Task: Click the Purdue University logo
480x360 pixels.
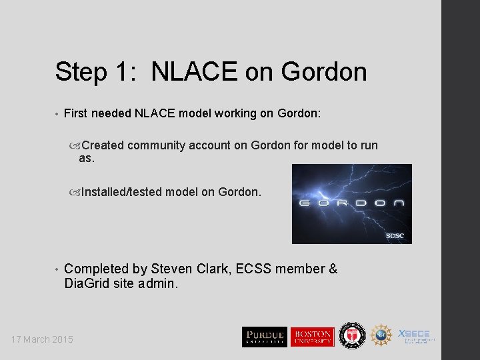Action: coord(264,337)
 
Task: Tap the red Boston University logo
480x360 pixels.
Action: coord(311,337)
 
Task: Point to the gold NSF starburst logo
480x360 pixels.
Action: coord(381,335)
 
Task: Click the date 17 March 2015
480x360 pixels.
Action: coord(42,340)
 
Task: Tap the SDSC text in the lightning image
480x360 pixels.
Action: coord(395,236)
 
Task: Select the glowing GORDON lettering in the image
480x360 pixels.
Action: coord(351,204)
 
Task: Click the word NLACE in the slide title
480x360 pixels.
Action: coord(194,72)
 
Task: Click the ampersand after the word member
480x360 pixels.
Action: coord(333,269)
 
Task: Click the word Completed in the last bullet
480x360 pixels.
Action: coord(96,269)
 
